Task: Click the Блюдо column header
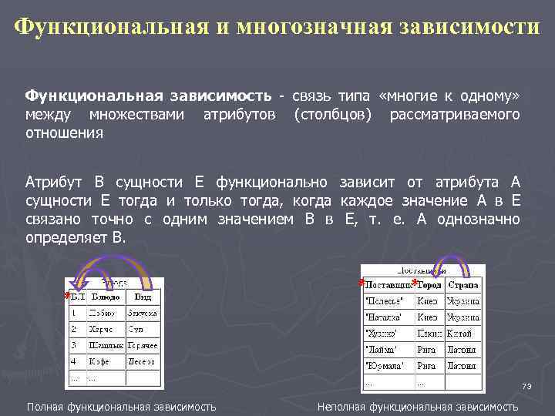click(106, 297)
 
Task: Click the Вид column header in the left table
click(143, 297)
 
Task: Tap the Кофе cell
click(101, 361)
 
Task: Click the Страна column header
click(463, 284)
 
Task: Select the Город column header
click(429, 284)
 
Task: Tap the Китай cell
click(462, 334)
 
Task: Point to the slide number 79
click(527, 386)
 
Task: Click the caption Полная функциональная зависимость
click(121, 406)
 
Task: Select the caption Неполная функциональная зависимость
click(418, 406)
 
